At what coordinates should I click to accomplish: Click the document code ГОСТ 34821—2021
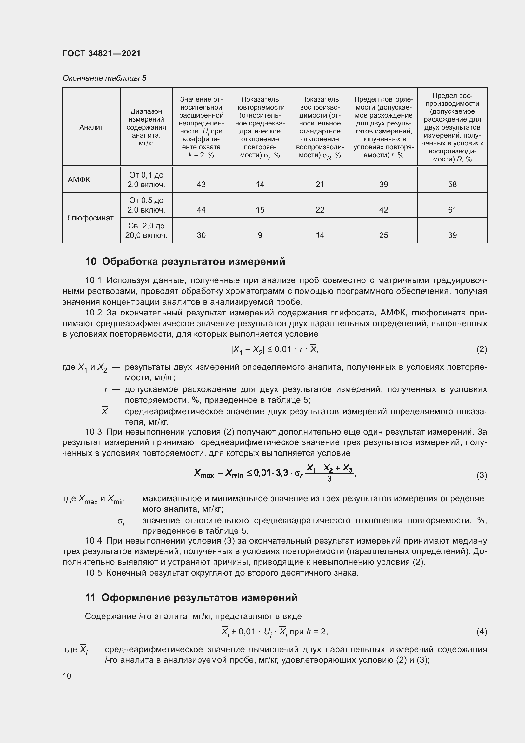point(102,53)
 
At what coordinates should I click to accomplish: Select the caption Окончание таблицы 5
point(104,78)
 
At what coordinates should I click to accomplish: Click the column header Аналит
point(91,127)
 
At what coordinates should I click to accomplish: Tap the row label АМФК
point(79,179)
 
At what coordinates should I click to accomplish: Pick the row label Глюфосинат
point(90,218)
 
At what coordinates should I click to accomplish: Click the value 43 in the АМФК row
point(201,184)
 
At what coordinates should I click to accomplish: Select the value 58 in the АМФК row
point(452,184)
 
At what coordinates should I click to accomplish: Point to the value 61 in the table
point(452,210)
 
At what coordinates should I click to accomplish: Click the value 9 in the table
point(260,235)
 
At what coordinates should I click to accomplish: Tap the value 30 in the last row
point(201,235)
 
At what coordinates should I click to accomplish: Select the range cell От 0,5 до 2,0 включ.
point(146,205)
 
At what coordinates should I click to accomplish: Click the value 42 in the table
point(383,210)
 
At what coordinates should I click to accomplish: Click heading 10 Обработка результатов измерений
point(185,261)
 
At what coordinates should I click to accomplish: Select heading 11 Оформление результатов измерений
point(191,598)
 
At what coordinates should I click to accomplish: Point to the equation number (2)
point(482,349)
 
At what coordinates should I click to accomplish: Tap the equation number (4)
point(482,632)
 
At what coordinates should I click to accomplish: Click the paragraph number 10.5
point(93,573)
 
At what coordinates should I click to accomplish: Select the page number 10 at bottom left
point(67,676)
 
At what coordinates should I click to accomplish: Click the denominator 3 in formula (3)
point(329,479)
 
